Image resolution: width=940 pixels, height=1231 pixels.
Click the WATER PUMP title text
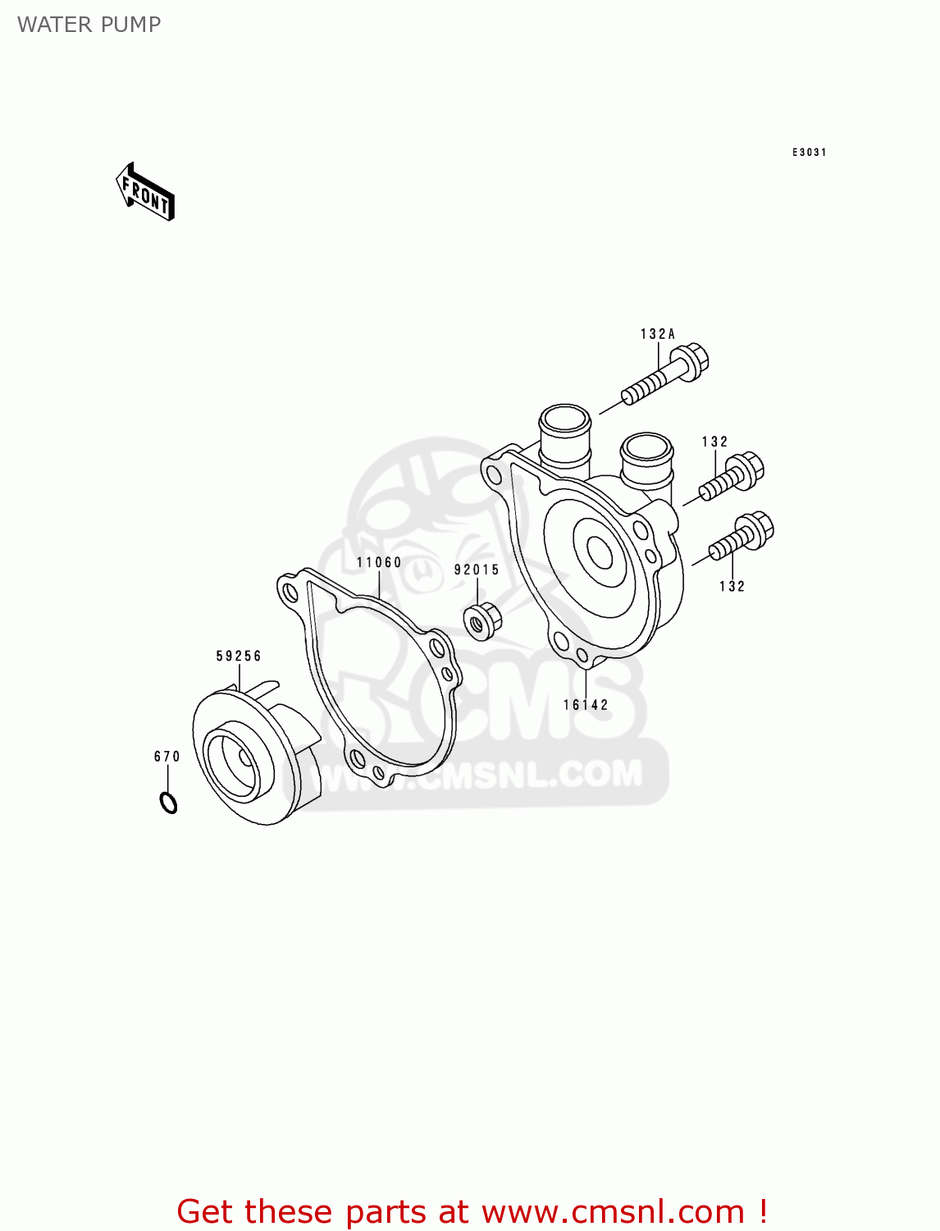(89, 25)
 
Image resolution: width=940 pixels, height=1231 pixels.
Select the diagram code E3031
(809, 152)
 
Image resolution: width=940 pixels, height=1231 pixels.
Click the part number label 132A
(658, 334)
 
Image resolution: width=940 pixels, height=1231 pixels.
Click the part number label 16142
(586, 704)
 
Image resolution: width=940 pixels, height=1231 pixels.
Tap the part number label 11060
(379, 562)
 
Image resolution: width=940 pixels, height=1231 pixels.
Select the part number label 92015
(477, 570)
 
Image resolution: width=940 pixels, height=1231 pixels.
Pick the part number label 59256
(239, 656)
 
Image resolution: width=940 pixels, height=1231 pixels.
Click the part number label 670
(167, 756)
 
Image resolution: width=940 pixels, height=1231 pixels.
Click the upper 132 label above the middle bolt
(714, 442)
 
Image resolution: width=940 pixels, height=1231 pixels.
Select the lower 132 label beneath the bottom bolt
(732, 586)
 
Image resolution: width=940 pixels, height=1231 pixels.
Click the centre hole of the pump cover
(600, 551)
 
